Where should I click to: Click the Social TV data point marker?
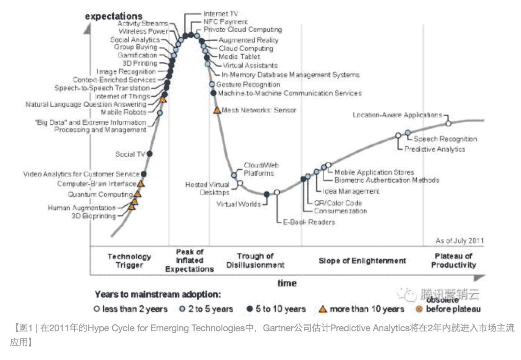(149, 153)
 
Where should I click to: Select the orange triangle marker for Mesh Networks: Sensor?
(217, 110)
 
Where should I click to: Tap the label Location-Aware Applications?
(397, 115)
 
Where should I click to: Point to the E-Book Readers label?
(309, 222)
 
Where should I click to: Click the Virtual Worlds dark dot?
(267, 194)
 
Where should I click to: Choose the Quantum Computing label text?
(100, 194)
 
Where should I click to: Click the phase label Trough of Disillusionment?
(255, 261)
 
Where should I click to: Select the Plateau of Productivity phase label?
(454, 261)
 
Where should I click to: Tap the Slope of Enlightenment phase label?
(362, 261)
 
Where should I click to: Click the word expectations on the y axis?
(113, 16)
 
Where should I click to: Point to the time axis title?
(287, 283)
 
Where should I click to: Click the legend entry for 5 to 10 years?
(276, 309)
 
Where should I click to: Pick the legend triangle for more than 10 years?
(323, 309)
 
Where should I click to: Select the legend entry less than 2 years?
(130, 309)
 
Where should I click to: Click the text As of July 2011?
(460, 240)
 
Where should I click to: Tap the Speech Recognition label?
(445, 139)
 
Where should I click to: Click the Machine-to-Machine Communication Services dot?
(213, 93)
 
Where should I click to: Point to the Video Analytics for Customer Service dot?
(144, 174)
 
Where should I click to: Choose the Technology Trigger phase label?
(129, 261)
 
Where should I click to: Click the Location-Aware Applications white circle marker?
(449, 123)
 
